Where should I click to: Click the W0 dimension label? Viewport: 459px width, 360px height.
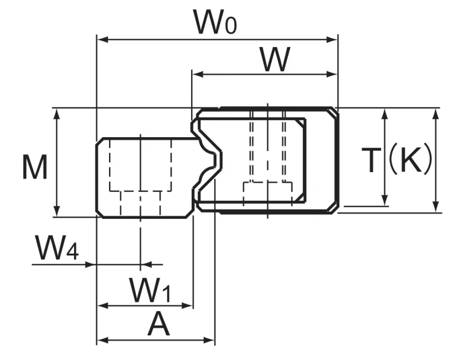(x=215, y=22)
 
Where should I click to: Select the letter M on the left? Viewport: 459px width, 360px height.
(x=35, y=167)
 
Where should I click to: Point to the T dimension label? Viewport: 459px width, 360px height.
(x=371, y=160)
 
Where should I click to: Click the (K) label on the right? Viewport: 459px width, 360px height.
(x=410, y=160)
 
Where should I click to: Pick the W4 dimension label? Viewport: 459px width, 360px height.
(x=57, y=248)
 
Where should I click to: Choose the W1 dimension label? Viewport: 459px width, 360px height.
(x=150, y=290)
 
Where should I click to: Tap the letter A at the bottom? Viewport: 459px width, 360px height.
(x=159, y=324)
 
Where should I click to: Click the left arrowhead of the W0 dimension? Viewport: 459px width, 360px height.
(x=102, y=40)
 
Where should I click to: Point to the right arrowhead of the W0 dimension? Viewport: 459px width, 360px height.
(x=332, y=40)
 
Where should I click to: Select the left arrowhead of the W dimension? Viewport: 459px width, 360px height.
(x=197, y=75)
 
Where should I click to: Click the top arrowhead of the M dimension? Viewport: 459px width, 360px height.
(x=57, y=114)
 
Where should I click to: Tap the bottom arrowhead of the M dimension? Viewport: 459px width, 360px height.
(x=57, y=211)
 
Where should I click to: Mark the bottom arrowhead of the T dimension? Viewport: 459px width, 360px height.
(x=385, y=201)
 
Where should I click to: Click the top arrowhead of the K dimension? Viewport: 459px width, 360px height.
(x=436, y=114)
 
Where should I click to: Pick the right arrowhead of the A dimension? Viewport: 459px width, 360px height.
(x=209, y=340)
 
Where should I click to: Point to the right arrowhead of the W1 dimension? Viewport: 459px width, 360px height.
(x=188, y=306)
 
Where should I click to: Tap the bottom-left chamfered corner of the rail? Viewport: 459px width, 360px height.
(x=99, y=214)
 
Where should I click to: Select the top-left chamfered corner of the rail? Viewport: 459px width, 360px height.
(x=99, y=141)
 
